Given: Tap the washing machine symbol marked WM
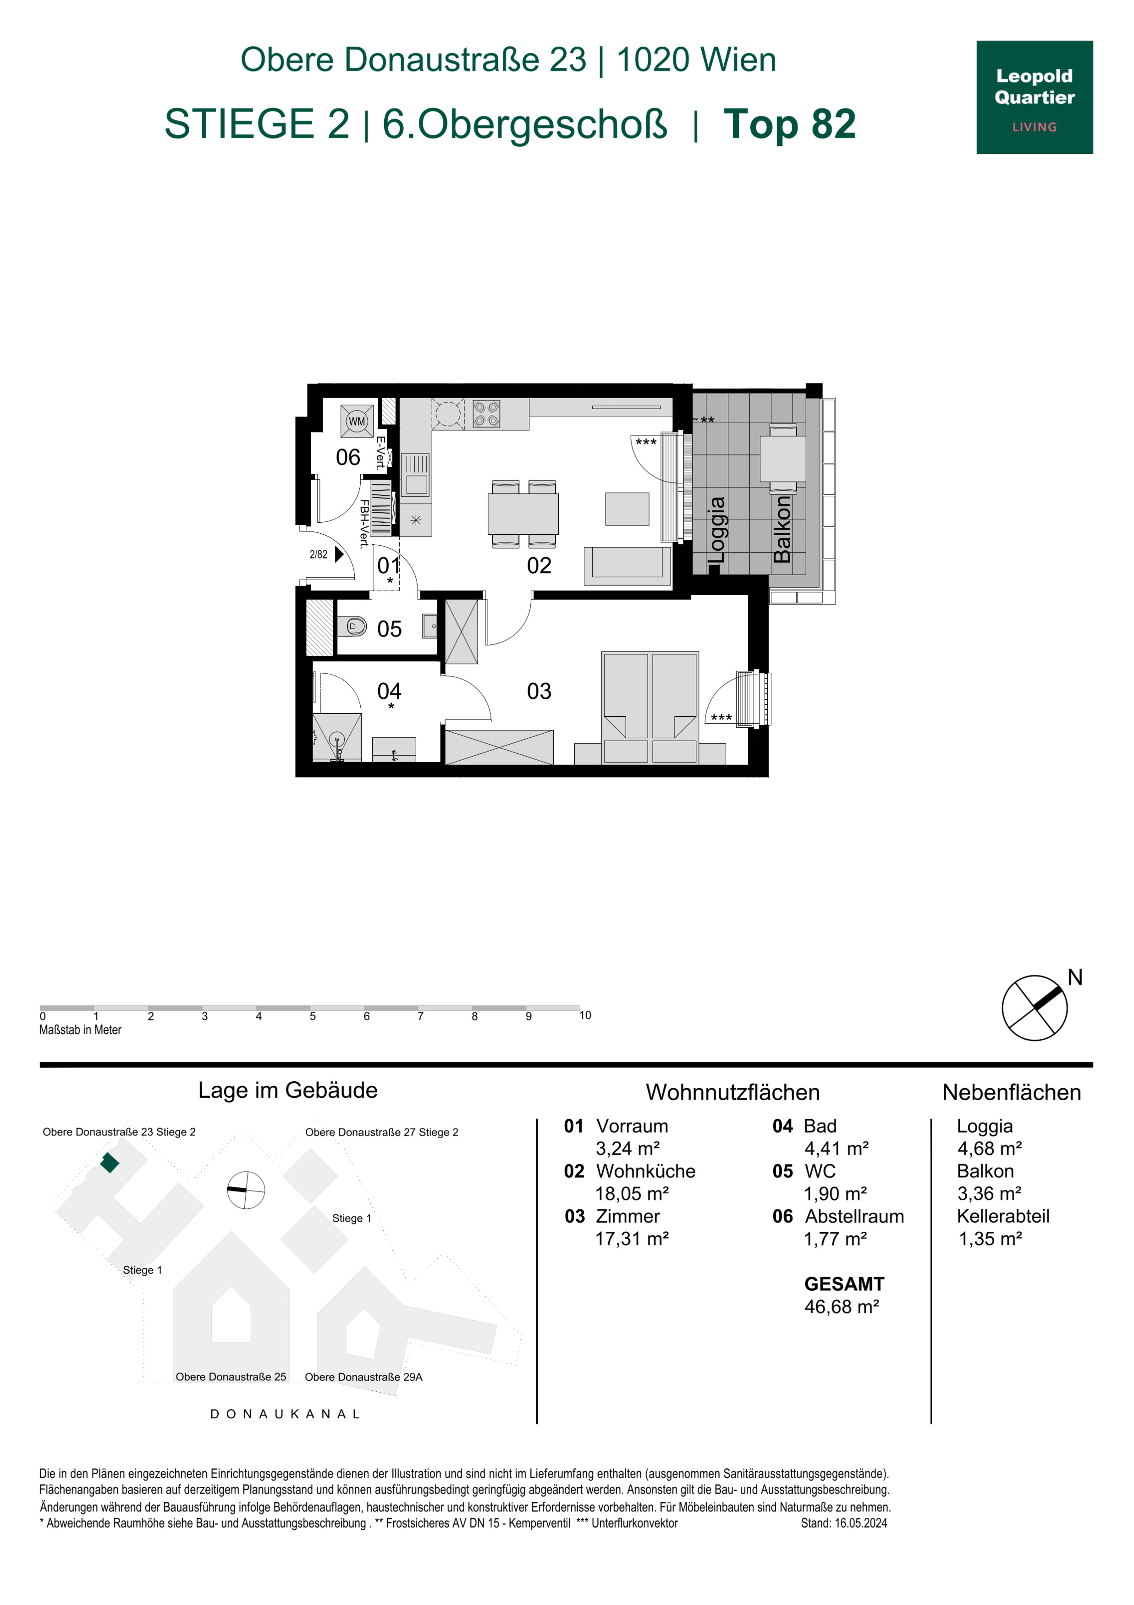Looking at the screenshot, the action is [357, 421].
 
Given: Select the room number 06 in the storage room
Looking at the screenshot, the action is [348, 457].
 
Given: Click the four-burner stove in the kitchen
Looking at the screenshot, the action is [486, 413].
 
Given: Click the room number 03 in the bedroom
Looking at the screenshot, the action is [539, 692].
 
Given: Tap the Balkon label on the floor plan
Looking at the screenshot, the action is [782, 529].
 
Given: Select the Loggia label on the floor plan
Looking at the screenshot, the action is [717, 530].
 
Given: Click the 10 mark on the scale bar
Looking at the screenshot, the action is [585, 1015].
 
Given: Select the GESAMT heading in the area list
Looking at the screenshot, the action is [844, 1284].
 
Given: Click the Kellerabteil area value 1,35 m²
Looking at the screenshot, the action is [990, 1239].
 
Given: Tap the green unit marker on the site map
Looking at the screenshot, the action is [110, 1162].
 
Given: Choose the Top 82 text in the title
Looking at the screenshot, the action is [790, 124].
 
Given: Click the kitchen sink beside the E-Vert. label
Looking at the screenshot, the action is [415, 475].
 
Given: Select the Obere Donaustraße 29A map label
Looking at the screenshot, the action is [363, 1377].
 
